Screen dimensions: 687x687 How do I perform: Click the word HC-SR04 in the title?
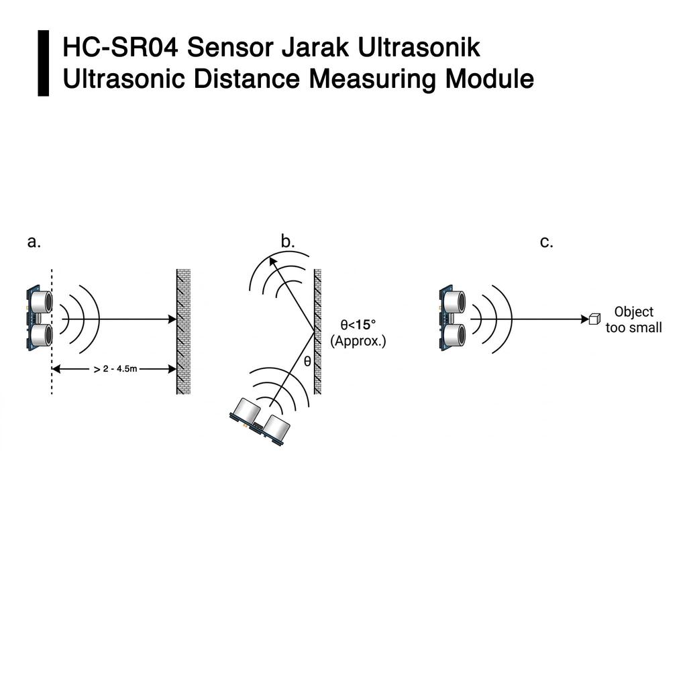(x=121, y=48)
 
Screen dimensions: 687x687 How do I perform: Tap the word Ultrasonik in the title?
(x=419, y=48)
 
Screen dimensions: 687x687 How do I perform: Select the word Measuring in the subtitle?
(x=372, y=79)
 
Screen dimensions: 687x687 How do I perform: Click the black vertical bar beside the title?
(x=44, y=63)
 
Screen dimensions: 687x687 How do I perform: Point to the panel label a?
(x=34, y=242)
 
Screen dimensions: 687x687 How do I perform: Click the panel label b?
(x=287, y=242)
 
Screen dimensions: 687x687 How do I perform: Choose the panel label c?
(x=546, y=242)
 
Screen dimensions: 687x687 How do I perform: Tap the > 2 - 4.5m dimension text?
(x=115, y=369)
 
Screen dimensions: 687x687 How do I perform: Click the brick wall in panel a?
(x=183, y=331)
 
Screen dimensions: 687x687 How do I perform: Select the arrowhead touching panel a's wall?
(x=172, y=319)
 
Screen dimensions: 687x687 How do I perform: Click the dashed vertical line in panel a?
(x=52, y=331)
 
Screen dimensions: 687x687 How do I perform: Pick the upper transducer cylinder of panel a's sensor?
(x=41, y=301)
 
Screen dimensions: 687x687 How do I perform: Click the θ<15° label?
(x=358, y=325)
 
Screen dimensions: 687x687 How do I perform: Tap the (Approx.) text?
(x=358, y=341)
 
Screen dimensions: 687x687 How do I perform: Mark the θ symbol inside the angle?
(x=307, y=361)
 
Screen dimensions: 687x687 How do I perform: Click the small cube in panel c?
(x=594, y=319)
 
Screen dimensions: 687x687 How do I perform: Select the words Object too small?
(x=633, y=320)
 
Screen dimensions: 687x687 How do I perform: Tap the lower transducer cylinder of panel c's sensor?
(x=454, y=335)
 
